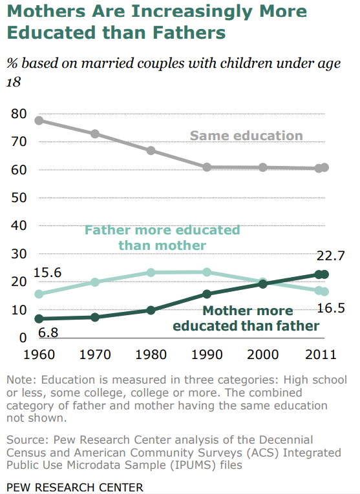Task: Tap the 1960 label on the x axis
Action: coord(39,354)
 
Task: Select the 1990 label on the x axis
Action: coord(207,354)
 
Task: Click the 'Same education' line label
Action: coord(246,136)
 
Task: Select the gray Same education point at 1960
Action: coord(39,120)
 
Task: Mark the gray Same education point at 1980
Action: coord(151,150)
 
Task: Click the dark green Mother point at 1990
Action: coord(207,294)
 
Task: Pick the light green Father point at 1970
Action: coord(95,282)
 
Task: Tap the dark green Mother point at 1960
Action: coord(39,319)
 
